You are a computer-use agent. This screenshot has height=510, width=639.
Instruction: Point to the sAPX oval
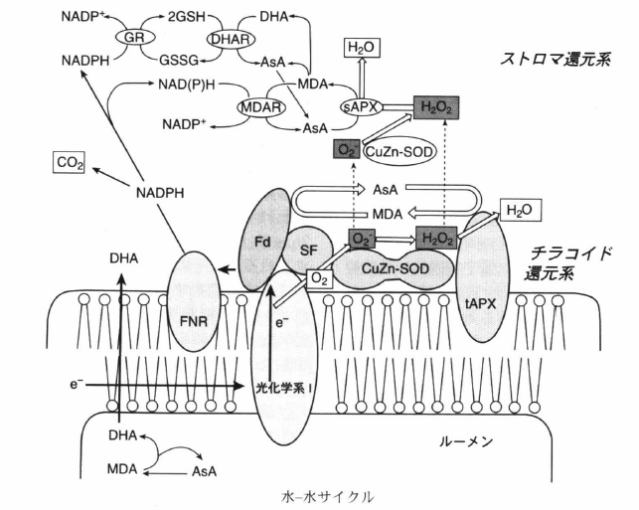(361, 105)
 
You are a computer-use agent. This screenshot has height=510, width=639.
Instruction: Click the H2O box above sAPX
(361, 48)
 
